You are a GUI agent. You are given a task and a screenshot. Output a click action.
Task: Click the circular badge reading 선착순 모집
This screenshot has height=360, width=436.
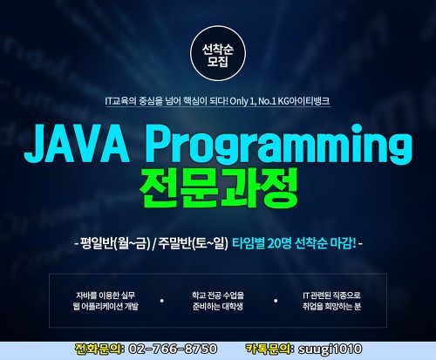pos(218,53)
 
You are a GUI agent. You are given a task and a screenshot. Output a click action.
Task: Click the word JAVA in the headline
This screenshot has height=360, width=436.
pos(77,145)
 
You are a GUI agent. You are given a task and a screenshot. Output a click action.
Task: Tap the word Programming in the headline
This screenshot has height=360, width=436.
pos(281,145)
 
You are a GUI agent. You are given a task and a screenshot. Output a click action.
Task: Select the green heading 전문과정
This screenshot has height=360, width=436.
pos(219,187)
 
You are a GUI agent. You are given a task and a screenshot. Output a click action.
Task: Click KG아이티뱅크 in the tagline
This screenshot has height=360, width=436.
pos(303,101)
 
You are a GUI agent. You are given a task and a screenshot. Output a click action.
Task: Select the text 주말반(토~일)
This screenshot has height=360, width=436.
pos(193,243)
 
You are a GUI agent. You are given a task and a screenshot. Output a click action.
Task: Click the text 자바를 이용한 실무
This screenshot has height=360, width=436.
pos(106,295)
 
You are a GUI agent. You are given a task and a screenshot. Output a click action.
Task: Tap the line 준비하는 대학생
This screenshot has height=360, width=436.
pos(218,306)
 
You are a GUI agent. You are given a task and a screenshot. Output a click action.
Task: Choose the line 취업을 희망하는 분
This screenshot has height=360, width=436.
pos(331,306)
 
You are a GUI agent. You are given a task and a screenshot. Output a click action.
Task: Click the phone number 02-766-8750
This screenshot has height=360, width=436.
pos(173,349)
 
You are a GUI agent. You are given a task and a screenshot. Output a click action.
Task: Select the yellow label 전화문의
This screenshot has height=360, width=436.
pos(99,349)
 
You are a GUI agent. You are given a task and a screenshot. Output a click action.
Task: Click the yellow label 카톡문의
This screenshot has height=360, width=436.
pos(269,349)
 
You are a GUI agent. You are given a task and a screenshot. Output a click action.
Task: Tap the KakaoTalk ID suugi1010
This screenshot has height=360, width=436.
pos(330,350)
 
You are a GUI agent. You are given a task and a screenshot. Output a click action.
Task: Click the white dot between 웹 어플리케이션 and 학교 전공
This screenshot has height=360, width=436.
pos(162,301)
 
